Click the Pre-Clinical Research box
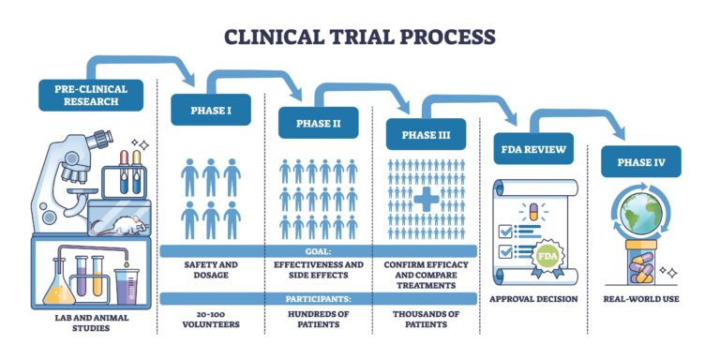91,95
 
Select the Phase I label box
211,110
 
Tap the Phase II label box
318,123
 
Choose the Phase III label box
426,135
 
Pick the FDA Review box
533,149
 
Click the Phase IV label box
641,161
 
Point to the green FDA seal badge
546,254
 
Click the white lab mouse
120,226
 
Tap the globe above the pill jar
641,212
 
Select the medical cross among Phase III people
427,200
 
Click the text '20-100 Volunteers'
211,319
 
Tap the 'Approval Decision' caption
533,299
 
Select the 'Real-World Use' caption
641,299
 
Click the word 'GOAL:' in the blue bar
318,251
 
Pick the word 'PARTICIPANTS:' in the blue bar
318,299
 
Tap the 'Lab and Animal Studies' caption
91,322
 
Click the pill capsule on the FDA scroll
533,212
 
